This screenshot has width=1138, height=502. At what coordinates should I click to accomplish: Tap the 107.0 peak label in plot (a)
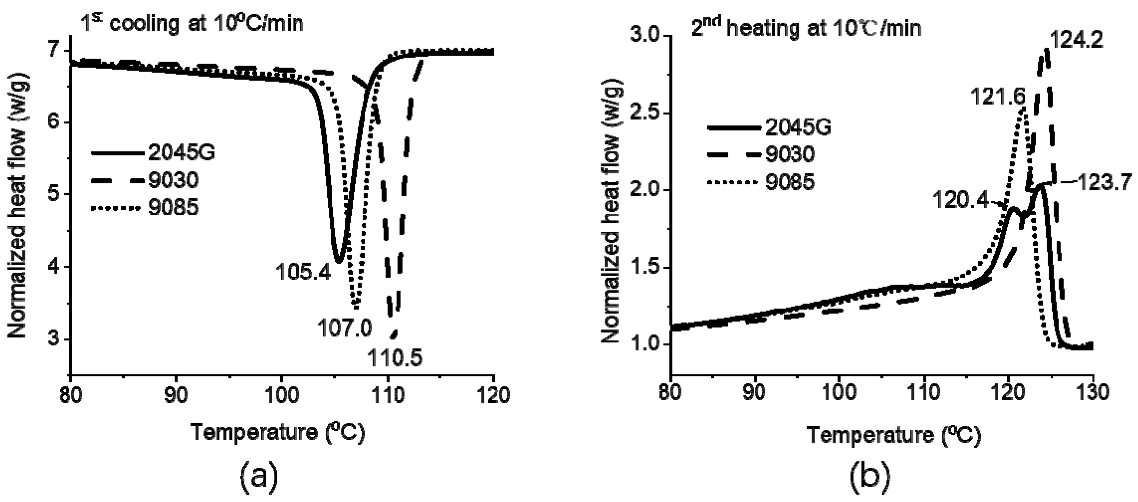point(345,328)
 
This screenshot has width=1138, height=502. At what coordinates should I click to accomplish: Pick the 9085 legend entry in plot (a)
point(173,208)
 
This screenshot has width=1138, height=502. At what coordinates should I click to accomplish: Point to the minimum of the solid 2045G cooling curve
point(338,261)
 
